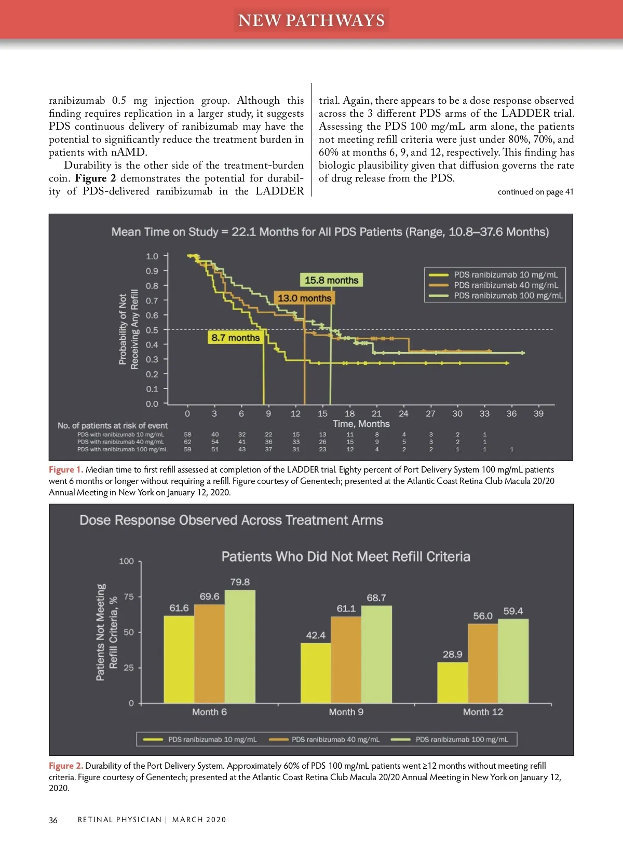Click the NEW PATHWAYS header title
coord(311,20)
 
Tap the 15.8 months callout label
coord(331,280)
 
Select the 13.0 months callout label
coord(304,298)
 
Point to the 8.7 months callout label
coord(235,338)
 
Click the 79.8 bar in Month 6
coord(240,646)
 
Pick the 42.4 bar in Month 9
coord(316,673)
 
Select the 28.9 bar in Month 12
coord(452,683)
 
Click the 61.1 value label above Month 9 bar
coord(346,608)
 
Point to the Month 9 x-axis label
coord(346,712)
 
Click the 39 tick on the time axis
coord(538,413)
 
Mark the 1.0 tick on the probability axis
coord(152,256)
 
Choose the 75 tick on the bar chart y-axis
coord(129,597)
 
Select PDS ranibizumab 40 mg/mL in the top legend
coord(506,285)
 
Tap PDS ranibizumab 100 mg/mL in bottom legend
coord(462,739)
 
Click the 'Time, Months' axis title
coord(361,424)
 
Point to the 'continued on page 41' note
coord(535,192)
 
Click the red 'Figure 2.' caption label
coord(65,766)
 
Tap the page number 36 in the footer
coord(53,820)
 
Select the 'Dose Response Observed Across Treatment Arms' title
coord(231,520)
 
